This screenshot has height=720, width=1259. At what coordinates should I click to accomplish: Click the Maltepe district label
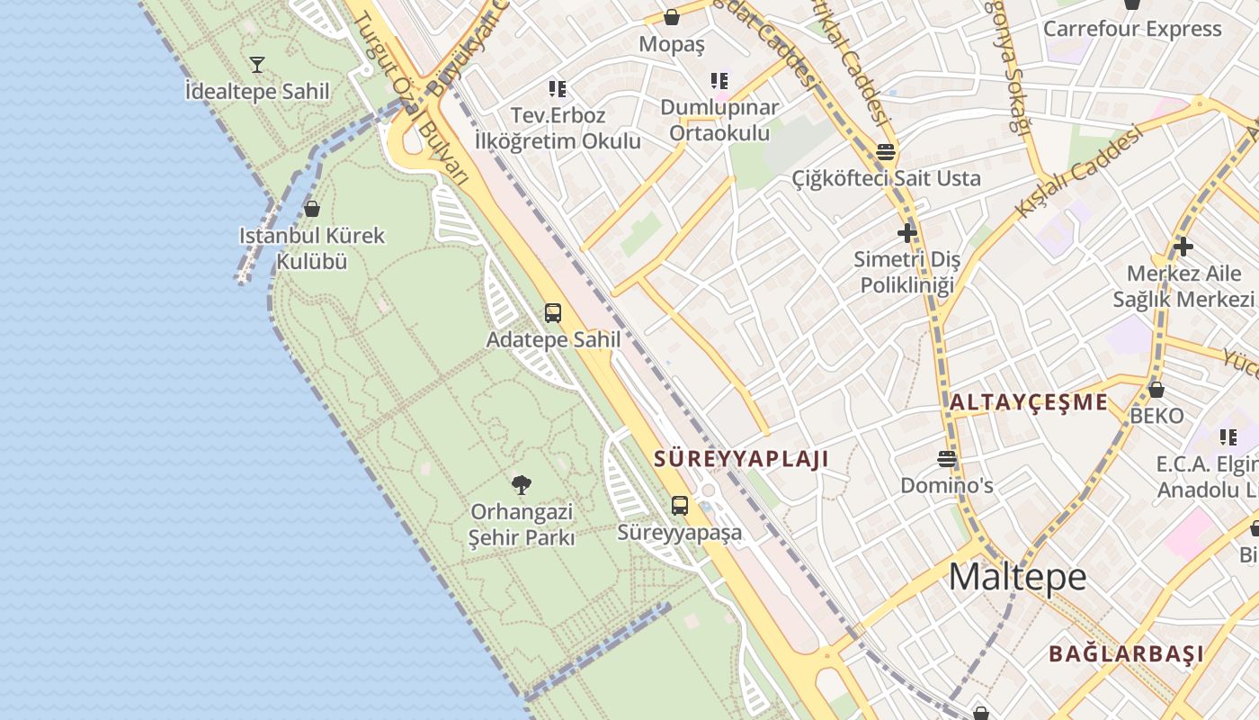coord(1017,577)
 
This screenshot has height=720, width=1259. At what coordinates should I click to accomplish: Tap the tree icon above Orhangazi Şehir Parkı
coord(522,485)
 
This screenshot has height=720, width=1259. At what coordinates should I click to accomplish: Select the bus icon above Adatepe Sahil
coord(553,313)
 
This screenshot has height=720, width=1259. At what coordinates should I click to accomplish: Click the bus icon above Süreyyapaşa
coord(680,505)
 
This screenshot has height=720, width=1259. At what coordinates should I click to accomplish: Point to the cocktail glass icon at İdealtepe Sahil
coord(257,64)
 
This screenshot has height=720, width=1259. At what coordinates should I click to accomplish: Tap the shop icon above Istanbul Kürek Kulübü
coord(312,209)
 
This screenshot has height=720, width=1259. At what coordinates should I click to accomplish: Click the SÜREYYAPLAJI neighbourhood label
coord(741,458)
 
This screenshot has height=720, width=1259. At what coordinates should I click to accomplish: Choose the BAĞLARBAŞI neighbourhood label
coord(1126,653)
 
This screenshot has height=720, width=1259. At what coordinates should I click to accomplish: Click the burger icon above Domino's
coord(947,459)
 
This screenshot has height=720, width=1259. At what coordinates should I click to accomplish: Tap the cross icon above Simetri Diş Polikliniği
coord(906,233)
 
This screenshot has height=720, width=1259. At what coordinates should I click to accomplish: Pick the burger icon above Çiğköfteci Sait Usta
coord(886,151)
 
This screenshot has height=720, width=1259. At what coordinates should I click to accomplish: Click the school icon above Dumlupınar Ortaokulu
coord(719,81)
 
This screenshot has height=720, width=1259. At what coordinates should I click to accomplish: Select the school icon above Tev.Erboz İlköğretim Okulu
coord(558,88)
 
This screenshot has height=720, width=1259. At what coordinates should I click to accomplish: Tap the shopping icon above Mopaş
coord(672,16)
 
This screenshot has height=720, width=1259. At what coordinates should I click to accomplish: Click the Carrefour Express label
coord(1132,29)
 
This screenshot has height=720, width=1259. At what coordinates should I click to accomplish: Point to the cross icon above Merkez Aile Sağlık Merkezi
coord(1183,246)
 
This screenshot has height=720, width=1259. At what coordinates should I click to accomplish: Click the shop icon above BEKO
coord(1156,390)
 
